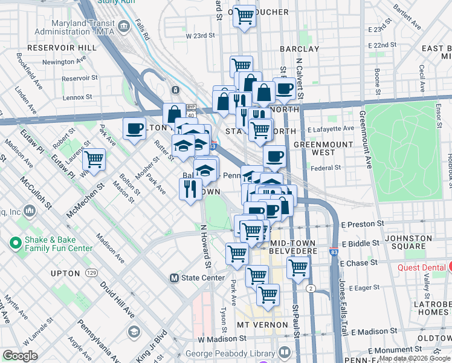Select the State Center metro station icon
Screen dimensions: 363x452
click(174, 278)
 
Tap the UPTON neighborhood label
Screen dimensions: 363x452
click(65, 273)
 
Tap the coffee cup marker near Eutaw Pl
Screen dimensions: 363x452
click(134, 128)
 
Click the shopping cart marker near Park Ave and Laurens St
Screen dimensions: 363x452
click(94, 160)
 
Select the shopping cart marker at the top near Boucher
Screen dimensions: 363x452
click(245, 16)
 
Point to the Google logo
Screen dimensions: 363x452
click(21, 356)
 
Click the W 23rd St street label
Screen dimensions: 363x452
click(201, 36)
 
